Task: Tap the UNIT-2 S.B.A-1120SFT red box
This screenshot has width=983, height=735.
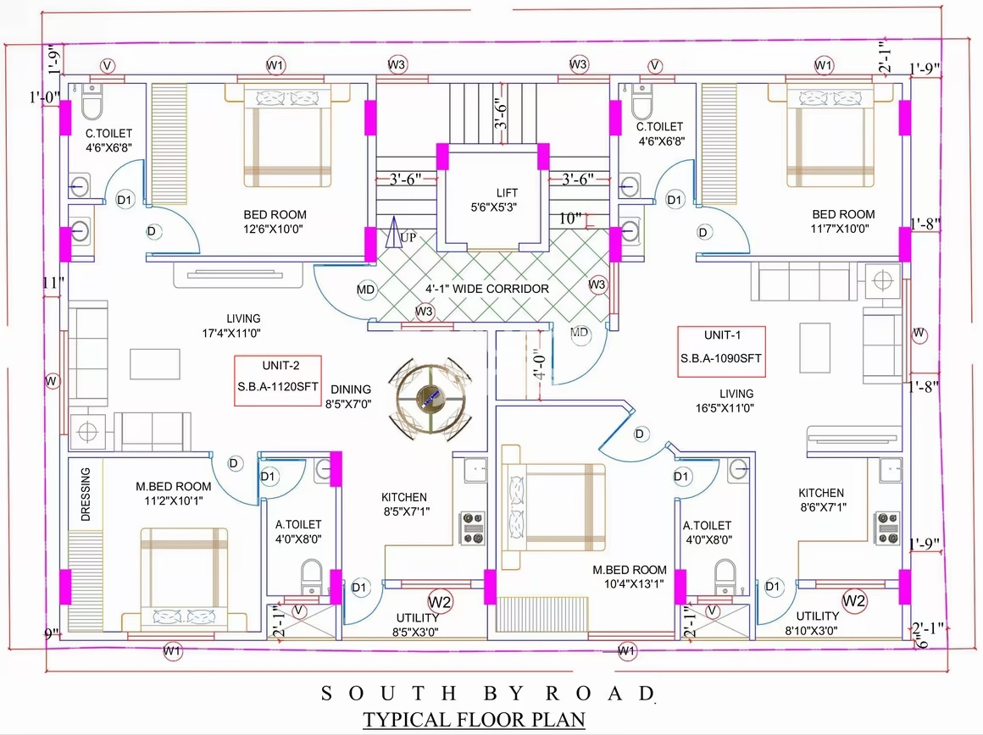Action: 278,380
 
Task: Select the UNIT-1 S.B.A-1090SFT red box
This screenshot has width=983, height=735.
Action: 722,351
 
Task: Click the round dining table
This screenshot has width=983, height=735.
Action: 430,399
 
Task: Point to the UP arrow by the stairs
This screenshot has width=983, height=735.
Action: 394,231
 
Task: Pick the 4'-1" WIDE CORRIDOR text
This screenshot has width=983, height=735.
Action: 487,289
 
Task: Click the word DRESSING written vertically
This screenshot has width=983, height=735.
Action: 86,494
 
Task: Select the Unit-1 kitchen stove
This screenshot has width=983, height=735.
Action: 888,528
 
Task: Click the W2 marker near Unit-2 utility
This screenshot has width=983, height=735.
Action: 440,603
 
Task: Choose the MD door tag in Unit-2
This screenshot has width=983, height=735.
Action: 365,290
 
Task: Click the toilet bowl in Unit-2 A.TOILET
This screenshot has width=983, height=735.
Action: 312,576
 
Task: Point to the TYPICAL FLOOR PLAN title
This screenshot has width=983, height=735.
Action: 474,720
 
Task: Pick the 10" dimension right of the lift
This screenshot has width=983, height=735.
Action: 570,218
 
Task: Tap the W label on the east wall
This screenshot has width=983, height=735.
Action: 919,334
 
